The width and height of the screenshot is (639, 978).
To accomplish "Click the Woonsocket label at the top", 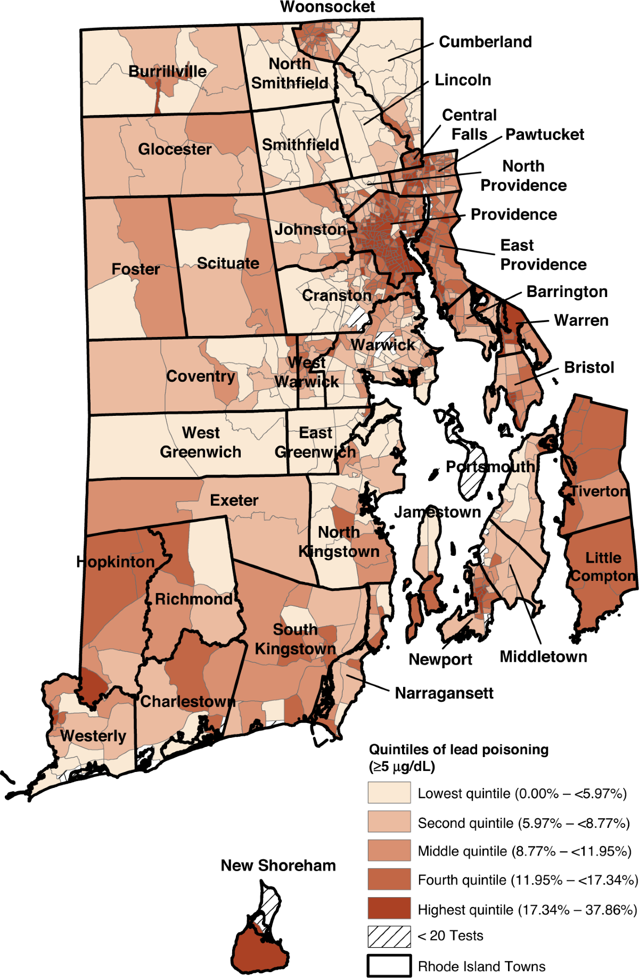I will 327,7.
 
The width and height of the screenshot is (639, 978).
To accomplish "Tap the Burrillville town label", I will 167,71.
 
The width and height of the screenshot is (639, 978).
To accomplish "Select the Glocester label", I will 175,149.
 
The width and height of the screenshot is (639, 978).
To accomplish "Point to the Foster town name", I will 135,269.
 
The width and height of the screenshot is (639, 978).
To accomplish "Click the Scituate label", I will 228,263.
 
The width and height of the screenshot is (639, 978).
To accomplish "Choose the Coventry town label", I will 200,376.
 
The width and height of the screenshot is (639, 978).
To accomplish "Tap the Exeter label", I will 234,500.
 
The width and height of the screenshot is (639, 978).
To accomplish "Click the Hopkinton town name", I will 115,562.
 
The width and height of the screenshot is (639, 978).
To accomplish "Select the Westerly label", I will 93,736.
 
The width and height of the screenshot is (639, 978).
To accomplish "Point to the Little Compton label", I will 603,567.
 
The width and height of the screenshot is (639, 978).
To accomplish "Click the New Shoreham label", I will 278,866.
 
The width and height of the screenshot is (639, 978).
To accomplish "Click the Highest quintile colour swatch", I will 389,908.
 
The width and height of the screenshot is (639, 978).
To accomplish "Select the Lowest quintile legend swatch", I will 389,793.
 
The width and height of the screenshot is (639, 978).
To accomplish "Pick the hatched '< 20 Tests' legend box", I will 389,936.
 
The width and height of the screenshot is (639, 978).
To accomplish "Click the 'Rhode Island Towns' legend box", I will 389,966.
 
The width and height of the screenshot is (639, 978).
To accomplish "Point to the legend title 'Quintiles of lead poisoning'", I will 458,750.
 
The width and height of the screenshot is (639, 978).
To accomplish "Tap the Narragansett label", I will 444,693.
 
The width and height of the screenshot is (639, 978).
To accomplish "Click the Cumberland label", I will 485,42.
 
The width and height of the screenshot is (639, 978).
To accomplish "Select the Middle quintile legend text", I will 524,851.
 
